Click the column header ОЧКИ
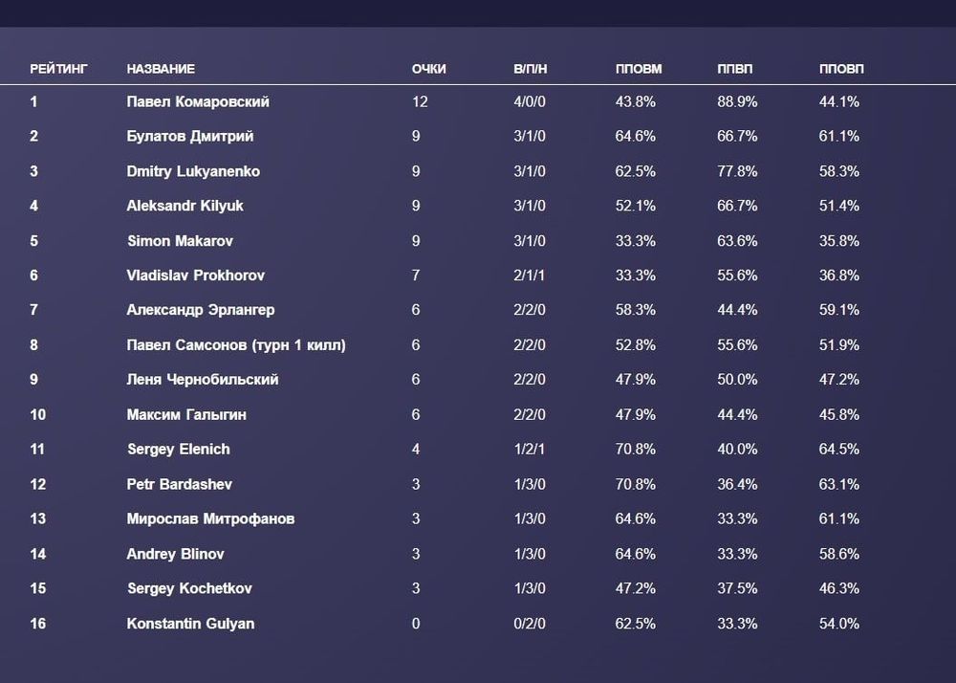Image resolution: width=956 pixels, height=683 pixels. click(x=428, y=69)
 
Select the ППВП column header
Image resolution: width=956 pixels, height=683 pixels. click(x=735, y=69)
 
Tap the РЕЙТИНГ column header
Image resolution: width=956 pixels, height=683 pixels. click(x=58, y=69)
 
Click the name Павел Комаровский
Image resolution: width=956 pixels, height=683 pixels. click(x=198, y=101)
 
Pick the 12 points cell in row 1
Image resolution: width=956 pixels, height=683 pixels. click(x=420, y=101)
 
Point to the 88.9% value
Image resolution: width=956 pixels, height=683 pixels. click(x=737, y=101)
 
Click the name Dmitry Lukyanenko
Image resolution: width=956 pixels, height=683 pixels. click(x=193, y=171)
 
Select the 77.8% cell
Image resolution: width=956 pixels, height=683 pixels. click(x=737, y=171)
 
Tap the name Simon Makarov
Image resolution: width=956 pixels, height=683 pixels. click(x=180, y=241)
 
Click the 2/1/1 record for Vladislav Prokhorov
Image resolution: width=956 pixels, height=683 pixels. click(x=530, y=275)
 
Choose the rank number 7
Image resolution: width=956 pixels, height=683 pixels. click(x=34, y=310)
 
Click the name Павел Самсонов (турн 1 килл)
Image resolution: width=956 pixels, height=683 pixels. click(x=236, y=345)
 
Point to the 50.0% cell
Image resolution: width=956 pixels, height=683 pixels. click(x=737, y=380)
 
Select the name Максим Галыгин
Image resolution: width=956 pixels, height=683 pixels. click(x=186, y=415)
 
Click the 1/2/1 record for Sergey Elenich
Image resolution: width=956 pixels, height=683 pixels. click(x=530, y=450)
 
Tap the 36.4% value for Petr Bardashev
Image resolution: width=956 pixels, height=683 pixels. click(x=737, y=484)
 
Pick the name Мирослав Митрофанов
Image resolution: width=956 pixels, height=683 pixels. click(x=210, y=519)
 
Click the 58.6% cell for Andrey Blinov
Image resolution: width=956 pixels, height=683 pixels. click(x=839, y=554)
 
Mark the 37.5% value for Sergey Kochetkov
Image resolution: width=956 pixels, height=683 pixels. click(x=737, y=588)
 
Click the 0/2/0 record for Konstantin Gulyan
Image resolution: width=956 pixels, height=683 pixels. click(x=530, y=624)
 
